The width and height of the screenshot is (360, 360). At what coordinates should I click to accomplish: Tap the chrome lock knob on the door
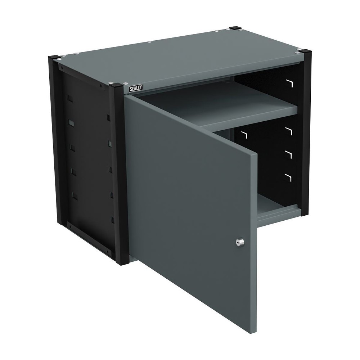[240, 243]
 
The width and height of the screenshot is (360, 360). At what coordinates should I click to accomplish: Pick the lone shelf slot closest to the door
[244, 135]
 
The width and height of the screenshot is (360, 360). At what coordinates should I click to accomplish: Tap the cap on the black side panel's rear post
[57, 58]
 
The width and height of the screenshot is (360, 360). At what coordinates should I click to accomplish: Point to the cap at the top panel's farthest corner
[235, 28]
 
